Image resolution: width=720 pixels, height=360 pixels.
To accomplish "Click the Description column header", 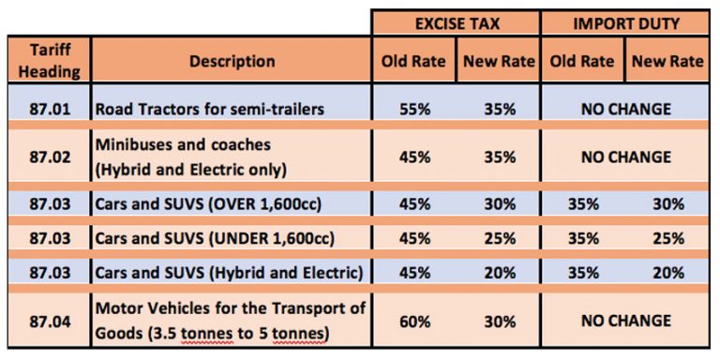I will pos(232,62).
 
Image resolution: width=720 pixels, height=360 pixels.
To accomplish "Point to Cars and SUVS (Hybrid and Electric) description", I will pos(228,274).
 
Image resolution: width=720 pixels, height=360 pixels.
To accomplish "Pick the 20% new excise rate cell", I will pos(499,274).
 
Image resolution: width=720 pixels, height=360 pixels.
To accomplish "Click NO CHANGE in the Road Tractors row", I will pos(625,109).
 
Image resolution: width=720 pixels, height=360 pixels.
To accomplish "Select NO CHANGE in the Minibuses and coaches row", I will pos(625,157).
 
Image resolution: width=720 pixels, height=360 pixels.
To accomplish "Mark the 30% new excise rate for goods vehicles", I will pos(499,321).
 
